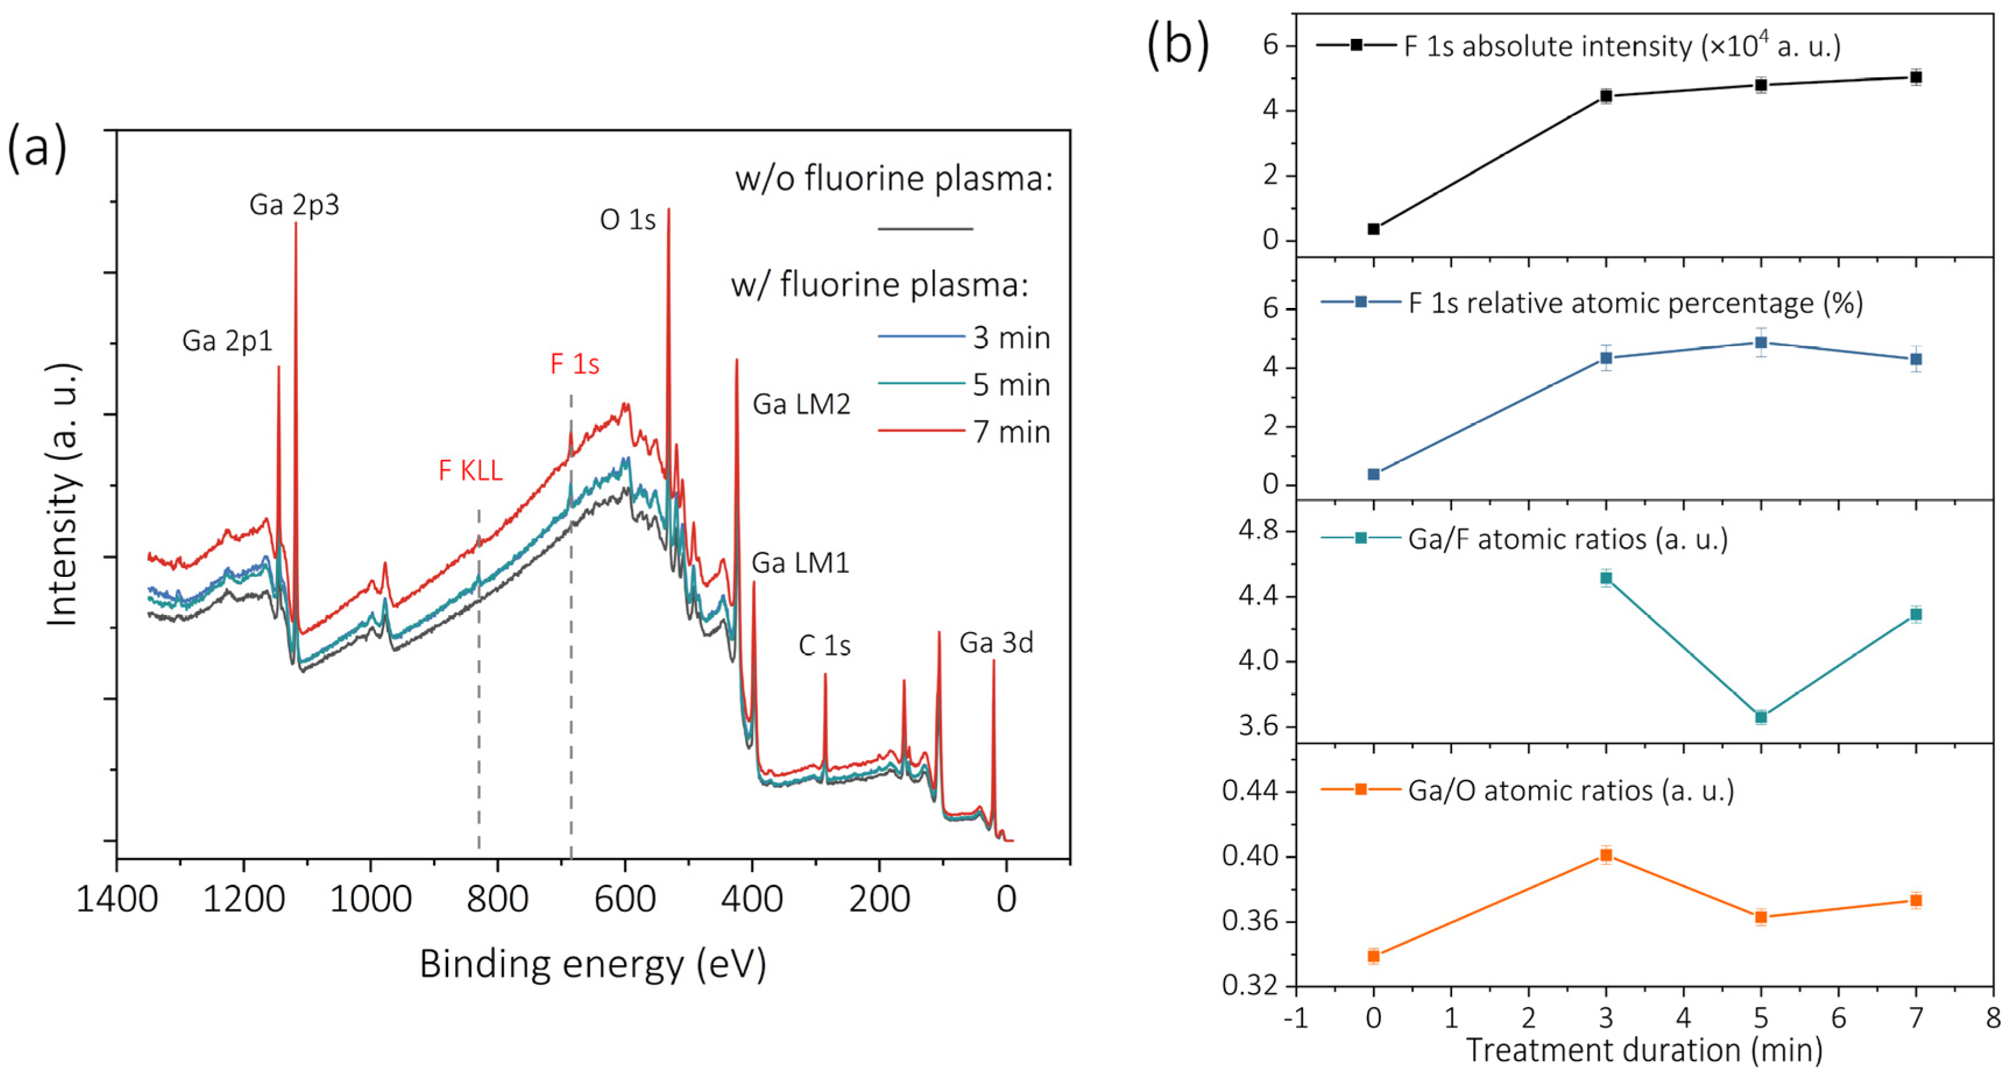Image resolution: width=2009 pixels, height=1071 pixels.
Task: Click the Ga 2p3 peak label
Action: coord(294,205)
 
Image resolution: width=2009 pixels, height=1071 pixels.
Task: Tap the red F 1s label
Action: coord(575,364)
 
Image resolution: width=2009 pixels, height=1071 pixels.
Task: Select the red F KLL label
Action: coord(470,470)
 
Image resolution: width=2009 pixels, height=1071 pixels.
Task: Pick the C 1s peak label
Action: coord(824,646)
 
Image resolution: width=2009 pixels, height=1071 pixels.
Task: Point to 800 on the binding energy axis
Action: coord(498,899)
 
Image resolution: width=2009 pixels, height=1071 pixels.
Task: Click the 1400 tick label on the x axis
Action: coord(117,899)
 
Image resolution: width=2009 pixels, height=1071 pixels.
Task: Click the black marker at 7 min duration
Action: coord(1915,77)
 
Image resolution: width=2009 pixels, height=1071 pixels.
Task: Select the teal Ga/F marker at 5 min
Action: coord(1761,717)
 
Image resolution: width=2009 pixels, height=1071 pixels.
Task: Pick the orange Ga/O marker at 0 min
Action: coord(1374,956)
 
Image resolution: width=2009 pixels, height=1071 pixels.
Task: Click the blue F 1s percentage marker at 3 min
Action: coord(1606,358)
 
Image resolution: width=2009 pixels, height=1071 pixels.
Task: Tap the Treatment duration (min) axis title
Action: coord(1645,1050)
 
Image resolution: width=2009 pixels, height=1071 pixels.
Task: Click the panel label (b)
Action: coord(1177,45)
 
